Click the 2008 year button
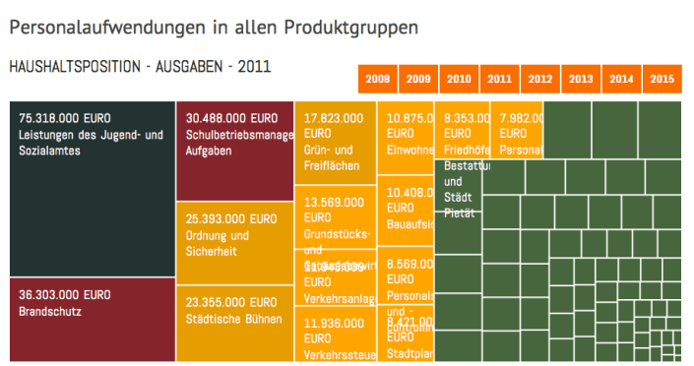[377, 79]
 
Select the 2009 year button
[417, 79]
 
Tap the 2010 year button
[459, 79]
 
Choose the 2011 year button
[499, 79]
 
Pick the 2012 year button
[539, 79]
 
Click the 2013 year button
[580, 79]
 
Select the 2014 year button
[621, 79]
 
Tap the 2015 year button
[662, 79]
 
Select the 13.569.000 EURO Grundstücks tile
[336, 216]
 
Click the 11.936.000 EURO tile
[336, 335]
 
